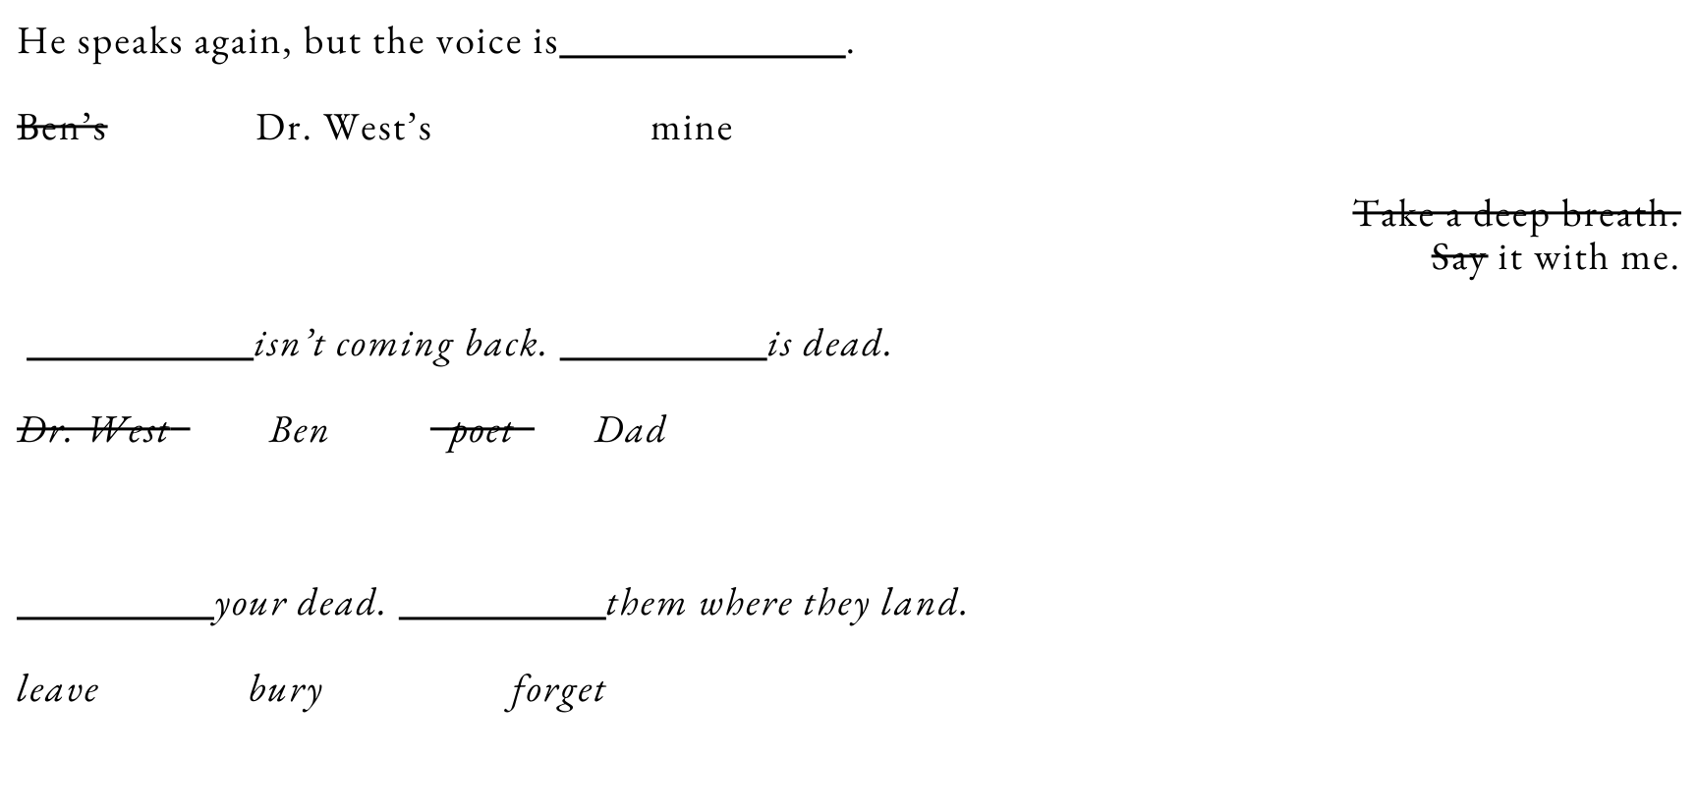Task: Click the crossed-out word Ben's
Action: tap(62, 128)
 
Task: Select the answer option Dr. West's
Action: tap(344, 128)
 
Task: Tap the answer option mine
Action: tap(691, 128)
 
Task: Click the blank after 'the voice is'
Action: tap(703, 47)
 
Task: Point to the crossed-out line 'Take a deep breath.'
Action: tap(1515, 213)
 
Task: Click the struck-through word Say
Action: tap(1458, 257)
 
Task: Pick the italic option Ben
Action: tap(300, 430)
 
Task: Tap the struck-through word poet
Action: tap(481, 431)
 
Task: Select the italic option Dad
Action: tap(630, 430)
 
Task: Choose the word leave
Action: tap(58, 689)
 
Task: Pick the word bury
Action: tap(285, 689)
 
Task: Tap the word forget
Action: tap(557, 689)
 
